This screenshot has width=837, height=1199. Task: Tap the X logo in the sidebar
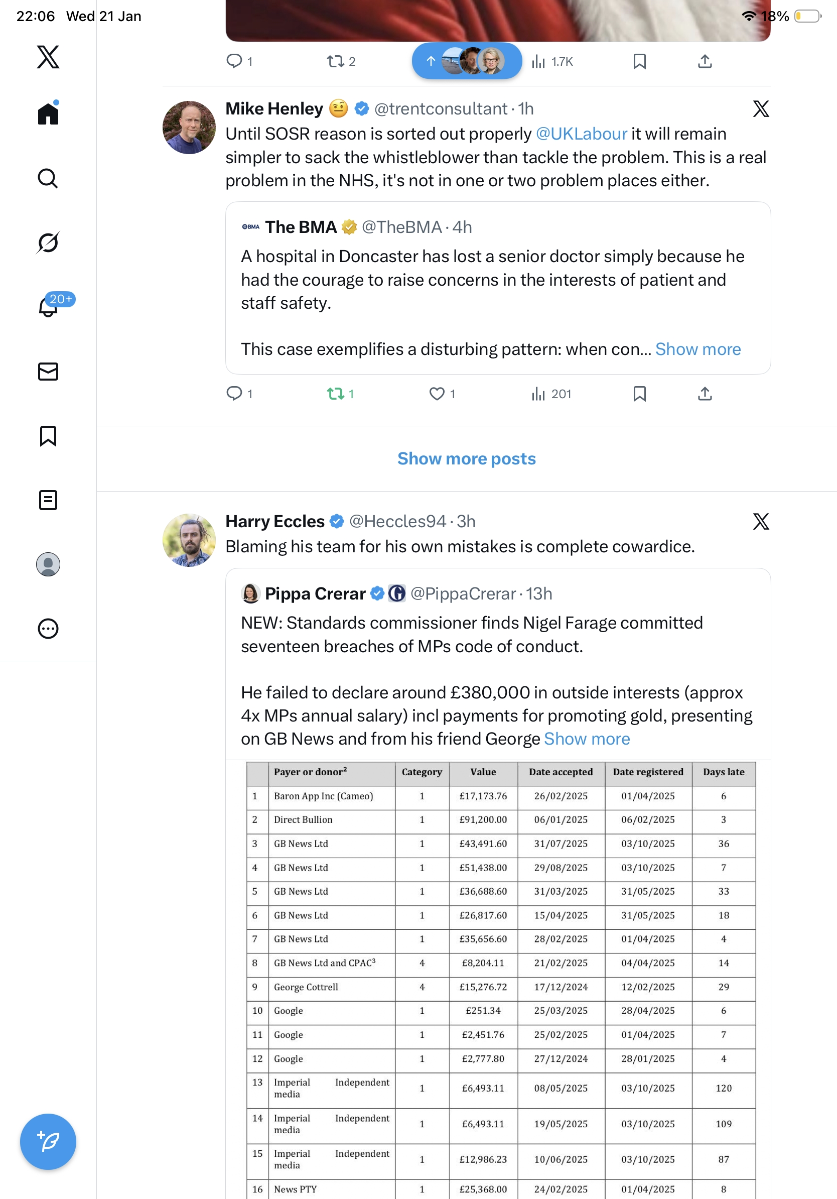coord(48,57)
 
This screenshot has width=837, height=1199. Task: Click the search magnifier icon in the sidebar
coord(48,179)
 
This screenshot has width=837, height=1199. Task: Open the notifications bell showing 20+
coord(49,307)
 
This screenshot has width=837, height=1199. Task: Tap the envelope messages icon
coord(48,371)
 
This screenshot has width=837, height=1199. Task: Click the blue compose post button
coord(48,1142)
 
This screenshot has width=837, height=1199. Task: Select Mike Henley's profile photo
coord(189,128)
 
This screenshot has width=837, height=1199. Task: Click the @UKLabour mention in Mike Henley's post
coord(581,134)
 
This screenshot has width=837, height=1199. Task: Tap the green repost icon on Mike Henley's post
coord(336,394)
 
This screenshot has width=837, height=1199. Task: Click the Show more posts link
coord(467,458)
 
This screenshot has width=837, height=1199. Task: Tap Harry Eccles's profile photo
coord(189,540)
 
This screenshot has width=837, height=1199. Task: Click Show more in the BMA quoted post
coord(697,349)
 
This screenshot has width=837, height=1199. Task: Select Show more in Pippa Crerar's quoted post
coord(587,739)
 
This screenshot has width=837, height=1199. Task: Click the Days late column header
coord(723,772)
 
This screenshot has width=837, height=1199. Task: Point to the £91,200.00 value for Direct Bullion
coord(483,820)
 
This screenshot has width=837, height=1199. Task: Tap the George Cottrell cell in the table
coord(306,987)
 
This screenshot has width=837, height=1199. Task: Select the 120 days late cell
coord(723,1089)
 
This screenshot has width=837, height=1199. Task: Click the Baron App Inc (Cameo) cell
coord(324,796)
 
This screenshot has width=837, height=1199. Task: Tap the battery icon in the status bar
coord(807,16)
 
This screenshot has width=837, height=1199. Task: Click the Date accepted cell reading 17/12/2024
coord(561,987)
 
